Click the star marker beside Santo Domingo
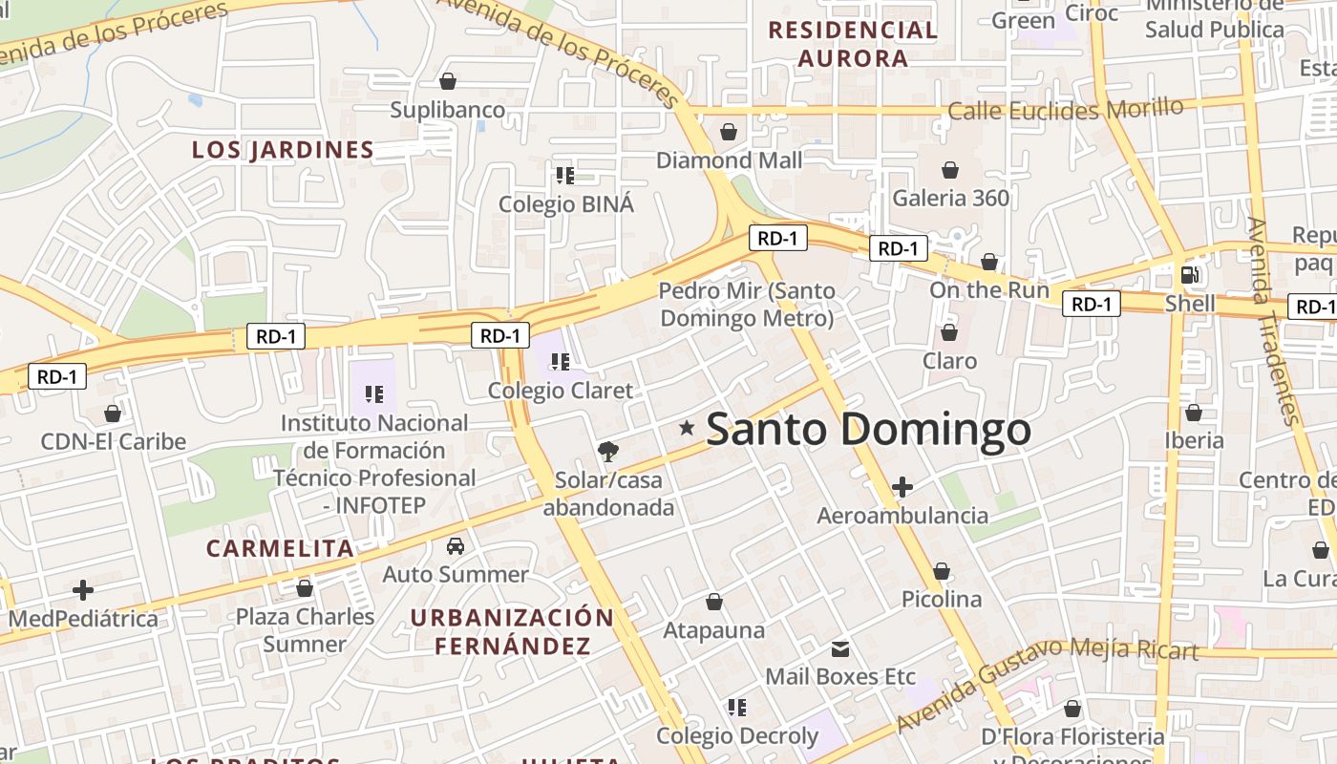[x=686, y=428]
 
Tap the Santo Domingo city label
[x=868, y=430]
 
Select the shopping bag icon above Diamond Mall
[x=729, y=131]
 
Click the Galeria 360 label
[x=950, y=198]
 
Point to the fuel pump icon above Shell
[x=1189, y=275]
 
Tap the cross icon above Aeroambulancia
[x=902, y=487]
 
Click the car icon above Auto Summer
[x=456, y=546]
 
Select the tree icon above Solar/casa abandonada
[x=607, y=452]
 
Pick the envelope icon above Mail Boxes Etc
[x=840, y=649]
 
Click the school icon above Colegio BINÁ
[x=564, y=175]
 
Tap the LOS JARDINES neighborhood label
[x=283, y=150]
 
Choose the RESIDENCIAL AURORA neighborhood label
[x=853, y=44]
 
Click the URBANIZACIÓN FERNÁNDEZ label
[x=513, y=631]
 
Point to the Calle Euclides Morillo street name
[x=1065, y=110]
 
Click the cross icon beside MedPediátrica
[x=83, y=590]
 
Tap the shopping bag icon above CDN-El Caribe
[x=113, y=414]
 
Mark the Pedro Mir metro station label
[x=747, y=305]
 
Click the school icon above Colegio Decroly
[x=736, y=707]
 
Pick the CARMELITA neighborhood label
[x=280, y=548]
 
